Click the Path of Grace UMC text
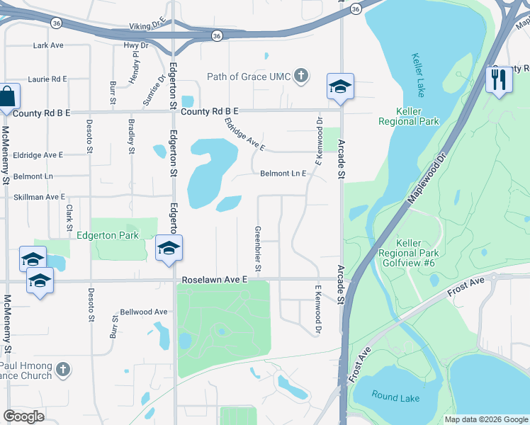coord(249,76)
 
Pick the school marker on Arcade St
coord(340,86)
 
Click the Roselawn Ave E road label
coord(215,280)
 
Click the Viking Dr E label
coord(147,26)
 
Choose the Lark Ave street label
coord(48,45)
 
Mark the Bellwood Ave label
coord(144,312)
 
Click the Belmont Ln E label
coord(283,174)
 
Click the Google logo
coord(24,416)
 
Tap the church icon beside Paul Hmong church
coord(62,370)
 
